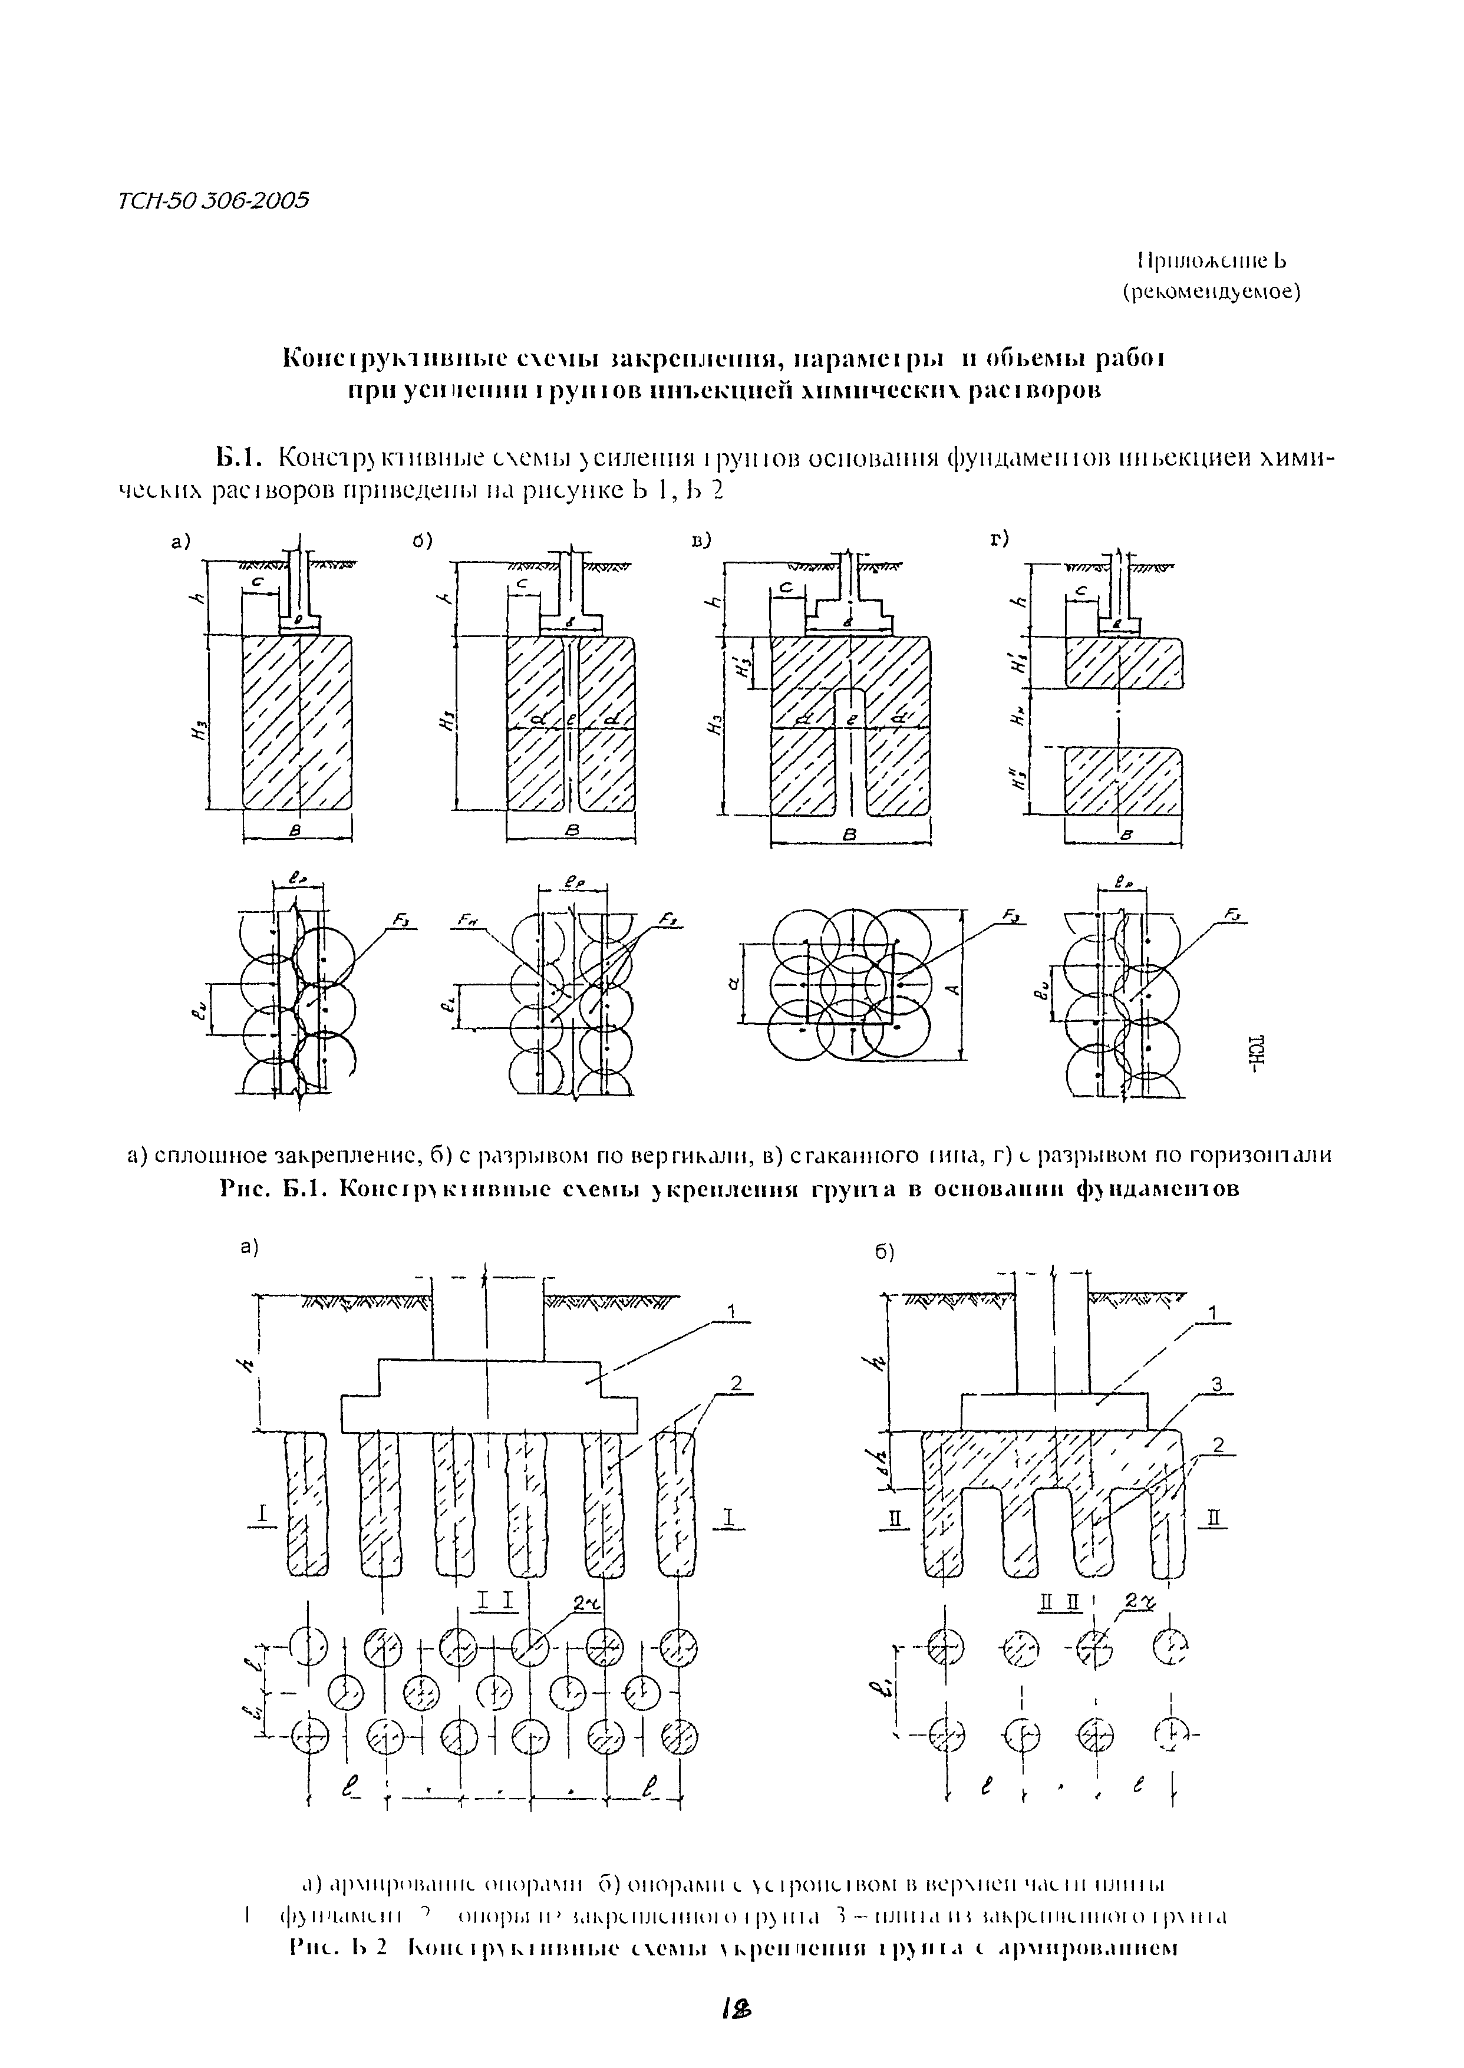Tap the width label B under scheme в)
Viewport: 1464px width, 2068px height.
coord(848,836)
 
